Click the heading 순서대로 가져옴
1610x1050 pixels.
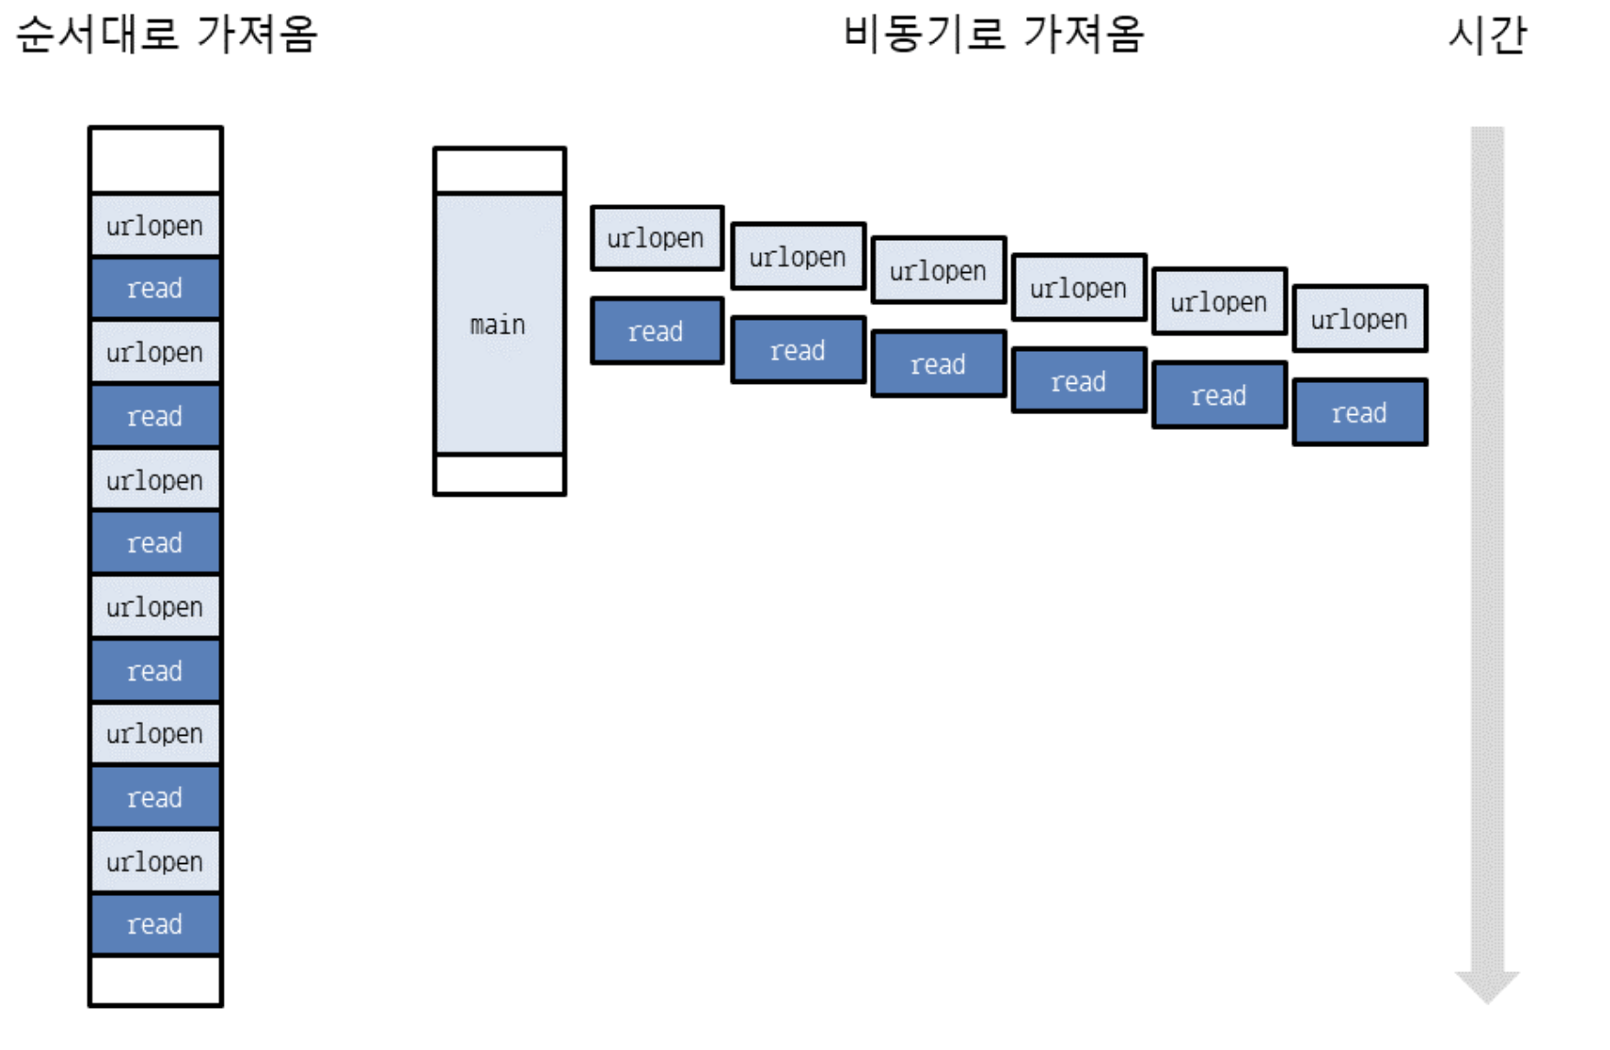click(167, 35)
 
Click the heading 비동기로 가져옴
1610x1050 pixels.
click(993, 35)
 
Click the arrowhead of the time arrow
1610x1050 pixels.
click(1486, 986)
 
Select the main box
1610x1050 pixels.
click(500, 324)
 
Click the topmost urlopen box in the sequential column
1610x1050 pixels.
click(155, 225)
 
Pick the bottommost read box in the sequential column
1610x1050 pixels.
click(155, 924)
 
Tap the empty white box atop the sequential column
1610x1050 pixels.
click(155, 159)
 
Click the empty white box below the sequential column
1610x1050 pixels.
click(155, 980)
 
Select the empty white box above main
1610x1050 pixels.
click(500, 170)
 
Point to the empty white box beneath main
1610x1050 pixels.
click(500, 475)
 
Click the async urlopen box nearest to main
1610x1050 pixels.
click(656, 238)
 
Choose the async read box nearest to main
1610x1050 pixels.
click(656, 331)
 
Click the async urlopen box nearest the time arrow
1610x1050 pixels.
click(1359, 319)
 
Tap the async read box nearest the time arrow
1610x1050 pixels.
click(1359, 412)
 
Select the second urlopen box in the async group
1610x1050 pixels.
click(798, 257)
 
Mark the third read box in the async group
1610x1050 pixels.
click(938, 364)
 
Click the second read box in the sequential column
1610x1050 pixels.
click(155, 416)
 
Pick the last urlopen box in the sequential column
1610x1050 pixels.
click(155, 861)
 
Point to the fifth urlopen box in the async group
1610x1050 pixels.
click(1219, 301)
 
